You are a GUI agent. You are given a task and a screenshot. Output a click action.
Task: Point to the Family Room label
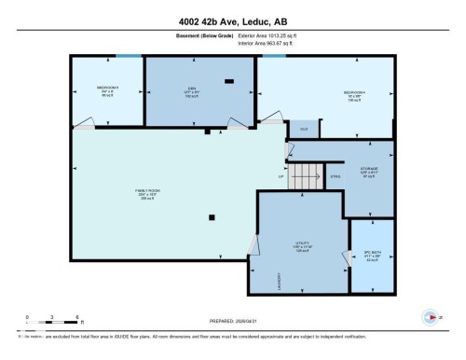(x=146, y=194)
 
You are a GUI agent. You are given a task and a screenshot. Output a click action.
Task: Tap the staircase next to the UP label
(x=304, y=174)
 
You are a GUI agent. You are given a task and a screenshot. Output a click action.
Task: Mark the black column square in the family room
(x=212, y=218)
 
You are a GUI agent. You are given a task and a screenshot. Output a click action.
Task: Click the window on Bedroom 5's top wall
(x=130, y=56)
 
